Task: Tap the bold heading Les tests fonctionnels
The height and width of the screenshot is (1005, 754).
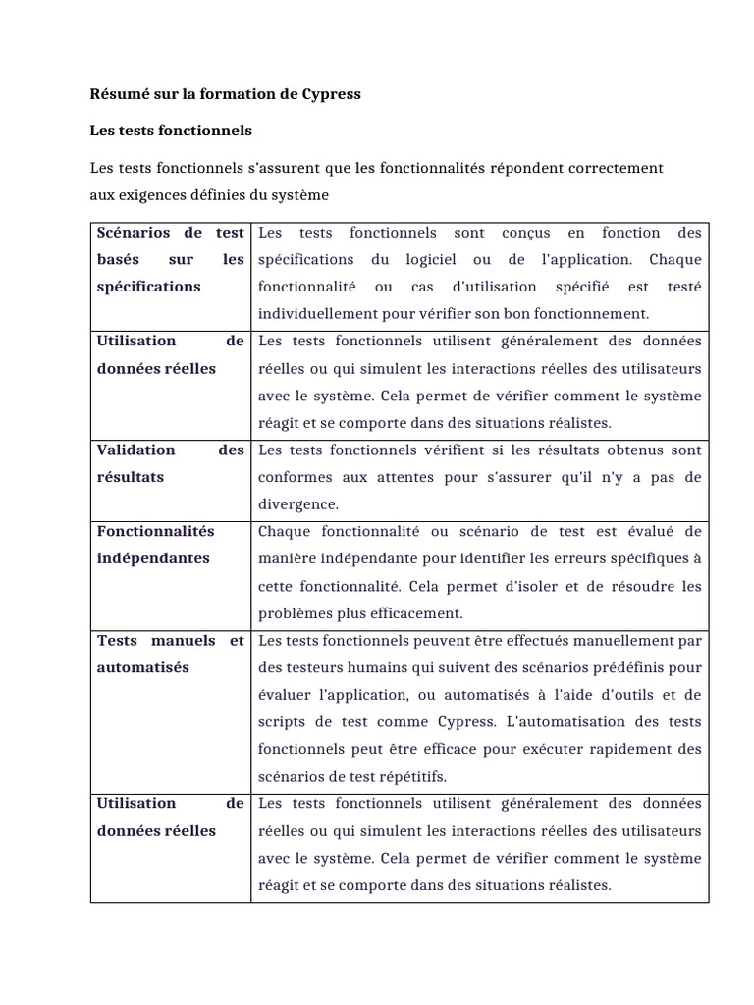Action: point(171,131)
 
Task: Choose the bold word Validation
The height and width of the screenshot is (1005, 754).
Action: point(135,450)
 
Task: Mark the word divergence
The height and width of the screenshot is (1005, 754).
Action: point(297,504)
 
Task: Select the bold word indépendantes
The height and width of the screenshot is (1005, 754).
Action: point(153,558)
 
